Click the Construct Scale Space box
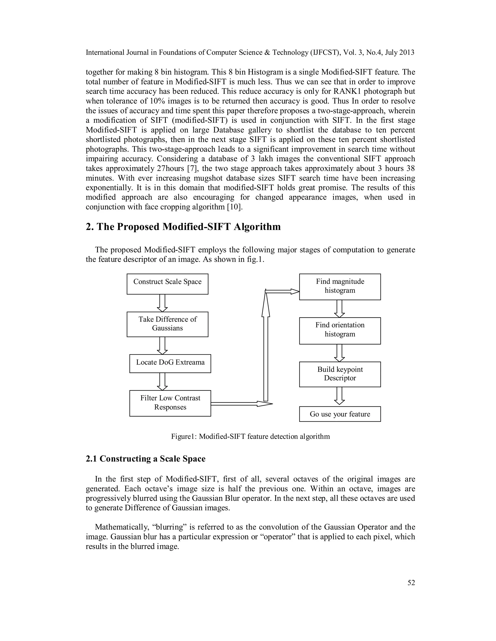click(168, 284)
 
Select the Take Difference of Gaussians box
click(168, 324)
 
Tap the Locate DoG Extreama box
click(170, 363)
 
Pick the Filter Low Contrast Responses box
click(170, 403)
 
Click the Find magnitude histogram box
click(340, 287)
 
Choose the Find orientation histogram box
click(340, 330)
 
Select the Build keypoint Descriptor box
click(340, 374)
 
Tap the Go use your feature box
click(340, 414)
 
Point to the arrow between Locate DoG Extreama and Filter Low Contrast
click(162, 381)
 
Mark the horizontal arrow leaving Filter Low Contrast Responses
click(241, 404)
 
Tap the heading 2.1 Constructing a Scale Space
click(146, 459)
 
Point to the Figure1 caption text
click(250, 436)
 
